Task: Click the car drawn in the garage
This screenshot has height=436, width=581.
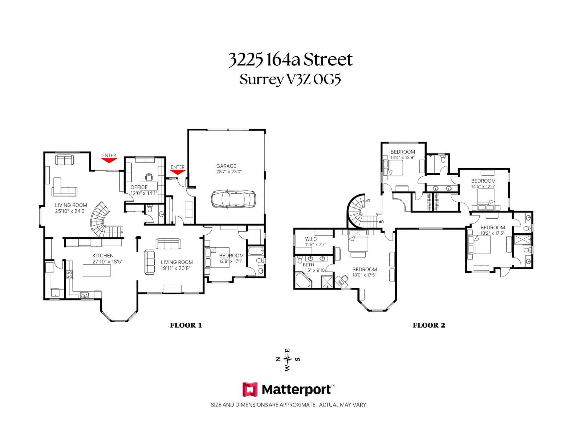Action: pos(233,199)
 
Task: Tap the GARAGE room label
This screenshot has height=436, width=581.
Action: pos(226,166)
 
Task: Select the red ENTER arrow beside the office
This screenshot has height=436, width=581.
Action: pos(109,160)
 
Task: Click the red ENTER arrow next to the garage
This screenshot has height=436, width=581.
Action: pos(178,172)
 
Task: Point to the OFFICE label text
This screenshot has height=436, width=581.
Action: pos(139,187)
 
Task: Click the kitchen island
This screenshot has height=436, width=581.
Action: pos(97,270)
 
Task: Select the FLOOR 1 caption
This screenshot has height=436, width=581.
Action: pos(186,325)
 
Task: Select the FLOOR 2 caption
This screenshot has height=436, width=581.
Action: pos(429,325)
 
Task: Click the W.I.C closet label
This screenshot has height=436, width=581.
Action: pos(311,239)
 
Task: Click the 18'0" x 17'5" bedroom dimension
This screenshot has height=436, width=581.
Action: pos(364,275)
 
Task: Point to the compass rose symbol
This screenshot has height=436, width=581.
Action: pos(288,359)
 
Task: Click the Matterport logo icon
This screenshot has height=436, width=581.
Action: pos(250,389)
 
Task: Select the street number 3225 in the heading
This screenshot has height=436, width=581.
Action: pos(245,60)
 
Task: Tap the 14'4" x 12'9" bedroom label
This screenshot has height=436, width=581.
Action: pos(402,158)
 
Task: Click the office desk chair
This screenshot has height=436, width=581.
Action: pos(149,177)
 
